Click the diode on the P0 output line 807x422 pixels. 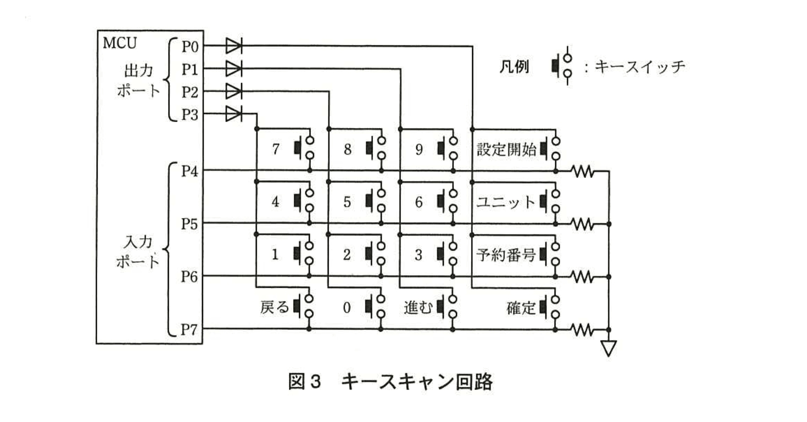233,46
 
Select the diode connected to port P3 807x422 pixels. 233,114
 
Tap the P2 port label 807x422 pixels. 190,92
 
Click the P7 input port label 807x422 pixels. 189,330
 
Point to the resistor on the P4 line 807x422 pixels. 583,171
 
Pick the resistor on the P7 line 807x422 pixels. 583,330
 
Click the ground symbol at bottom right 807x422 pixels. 609,348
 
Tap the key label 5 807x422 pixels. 347,202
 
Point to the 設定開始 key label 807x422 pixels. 506,149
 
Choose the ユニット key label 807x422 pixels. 505,202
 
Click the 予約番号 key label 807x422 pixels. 506,255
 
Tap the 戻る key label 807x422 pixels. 274,307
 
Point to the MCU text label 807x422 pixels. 120,43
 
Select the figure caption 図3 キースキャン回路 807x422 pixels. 390,381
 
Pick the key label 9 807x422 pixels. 419,149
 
